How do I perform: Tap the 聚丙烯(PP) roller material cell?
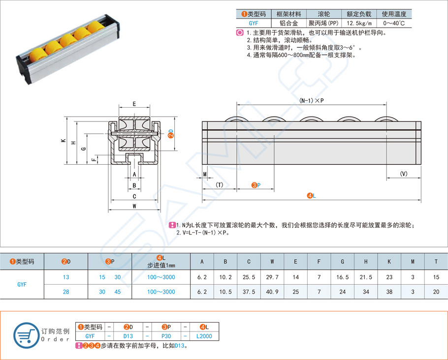click(x=323, y=23)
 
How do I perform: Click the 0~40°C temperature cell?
click(x=394, y=23)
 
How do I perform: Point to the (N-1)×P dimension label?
click(x=311, y=100)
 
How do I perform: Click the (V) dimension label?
click(x=404, y=174)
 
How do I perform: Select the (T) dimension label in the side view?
click(x=219, y=185)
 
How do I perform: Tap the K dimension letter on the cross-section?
click(x=63, y=141)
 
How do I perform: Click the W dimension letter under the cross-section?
click(x=134, y=207)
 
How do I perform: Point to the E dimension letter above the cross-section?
click(x=134, y=104)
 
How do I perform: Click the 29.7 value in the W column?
click(x=272, y=277)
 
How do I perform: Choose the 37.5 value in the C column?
click(x=249, y=292)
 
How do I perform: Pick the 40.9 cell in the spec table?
click(x=272, y=292)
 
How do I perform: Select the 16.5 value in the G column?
click(x=343, y=277)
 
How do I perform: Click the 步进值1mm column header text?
click(x=161, y=265)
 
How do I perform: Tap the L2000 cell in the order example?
click(x=204, y=336)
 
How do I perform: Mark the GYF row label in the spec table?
click(x=22, y=284)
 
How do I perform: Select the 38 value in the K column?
click(x=389, y=292)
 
